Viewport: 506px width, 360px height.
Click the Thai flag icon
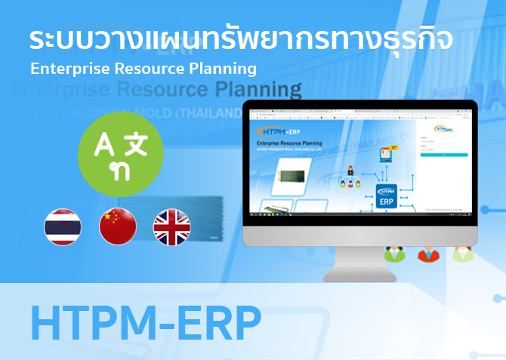[63, 227]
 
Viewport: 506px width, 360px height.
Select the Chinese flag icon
[117, 227]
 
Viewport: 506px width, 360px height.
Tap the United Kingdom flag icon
[172, 227]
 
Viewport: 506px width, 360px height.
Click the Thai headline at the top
[241, 38]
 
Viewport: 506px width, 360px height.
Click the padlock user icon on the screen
[349, 171]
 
